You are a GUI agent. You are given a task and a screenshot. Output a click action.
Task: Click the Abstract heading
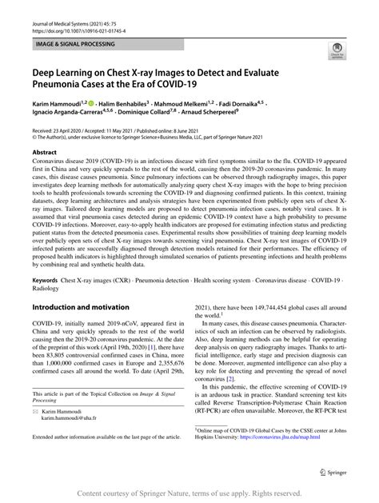[44, 151]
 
